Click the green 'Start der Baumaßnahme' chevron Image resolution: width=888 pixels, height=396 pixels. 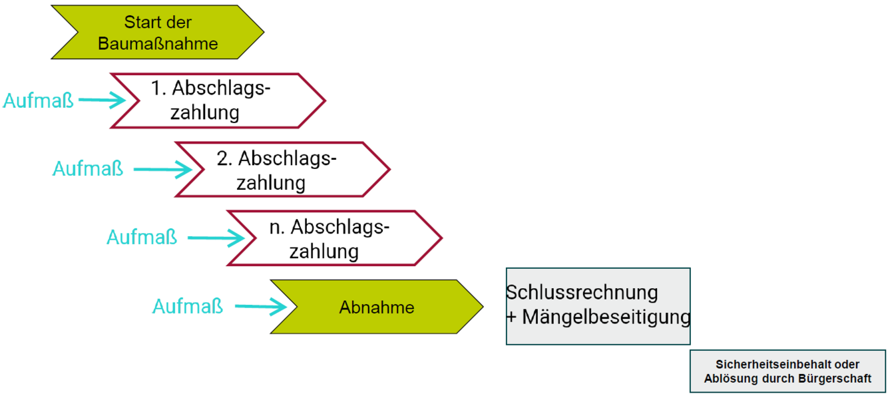(x=158, y=33)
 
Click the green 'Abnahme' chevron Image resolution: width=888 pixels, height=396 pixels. (x=377, y=307)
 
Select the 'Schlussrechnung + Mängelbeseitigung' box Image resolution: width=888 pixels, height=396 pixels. (x=598, y=305)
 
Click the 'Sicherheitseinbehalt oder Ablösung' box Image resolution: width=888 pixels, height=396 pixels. (x=787, y=371)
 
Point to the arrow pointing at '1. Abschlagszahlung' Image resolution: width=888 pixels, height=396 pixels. (x=102, y=101)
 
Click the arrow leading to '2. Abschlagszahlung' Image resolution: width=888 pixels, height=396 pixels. (x=162, y=170)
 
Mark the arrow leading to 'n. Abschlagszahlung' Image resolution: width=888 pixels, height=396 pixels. (x=216, y=238)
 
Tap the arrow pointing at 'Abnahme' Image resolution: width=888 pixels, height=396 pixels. (x=260, y=307)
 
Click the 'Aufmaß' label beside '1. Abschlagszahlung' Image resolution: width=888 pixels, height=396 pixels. (x=39, y=101)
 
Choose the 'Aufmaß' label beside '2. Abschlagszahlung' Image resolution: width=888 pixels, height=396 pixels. (x=88, y=169)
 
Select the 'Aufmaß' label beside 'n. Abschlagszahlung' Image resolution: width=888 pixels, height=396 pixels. (x=142, y=237)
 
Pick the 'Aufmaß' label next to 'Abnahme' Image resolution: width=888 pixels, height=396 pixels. (x=188, y=306)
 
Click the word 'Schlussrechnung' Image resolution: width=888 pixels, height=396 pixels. (x=582, y=292)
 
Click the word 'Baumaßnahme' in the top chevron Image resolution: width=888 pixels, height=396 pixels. (x=158, y=44)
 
